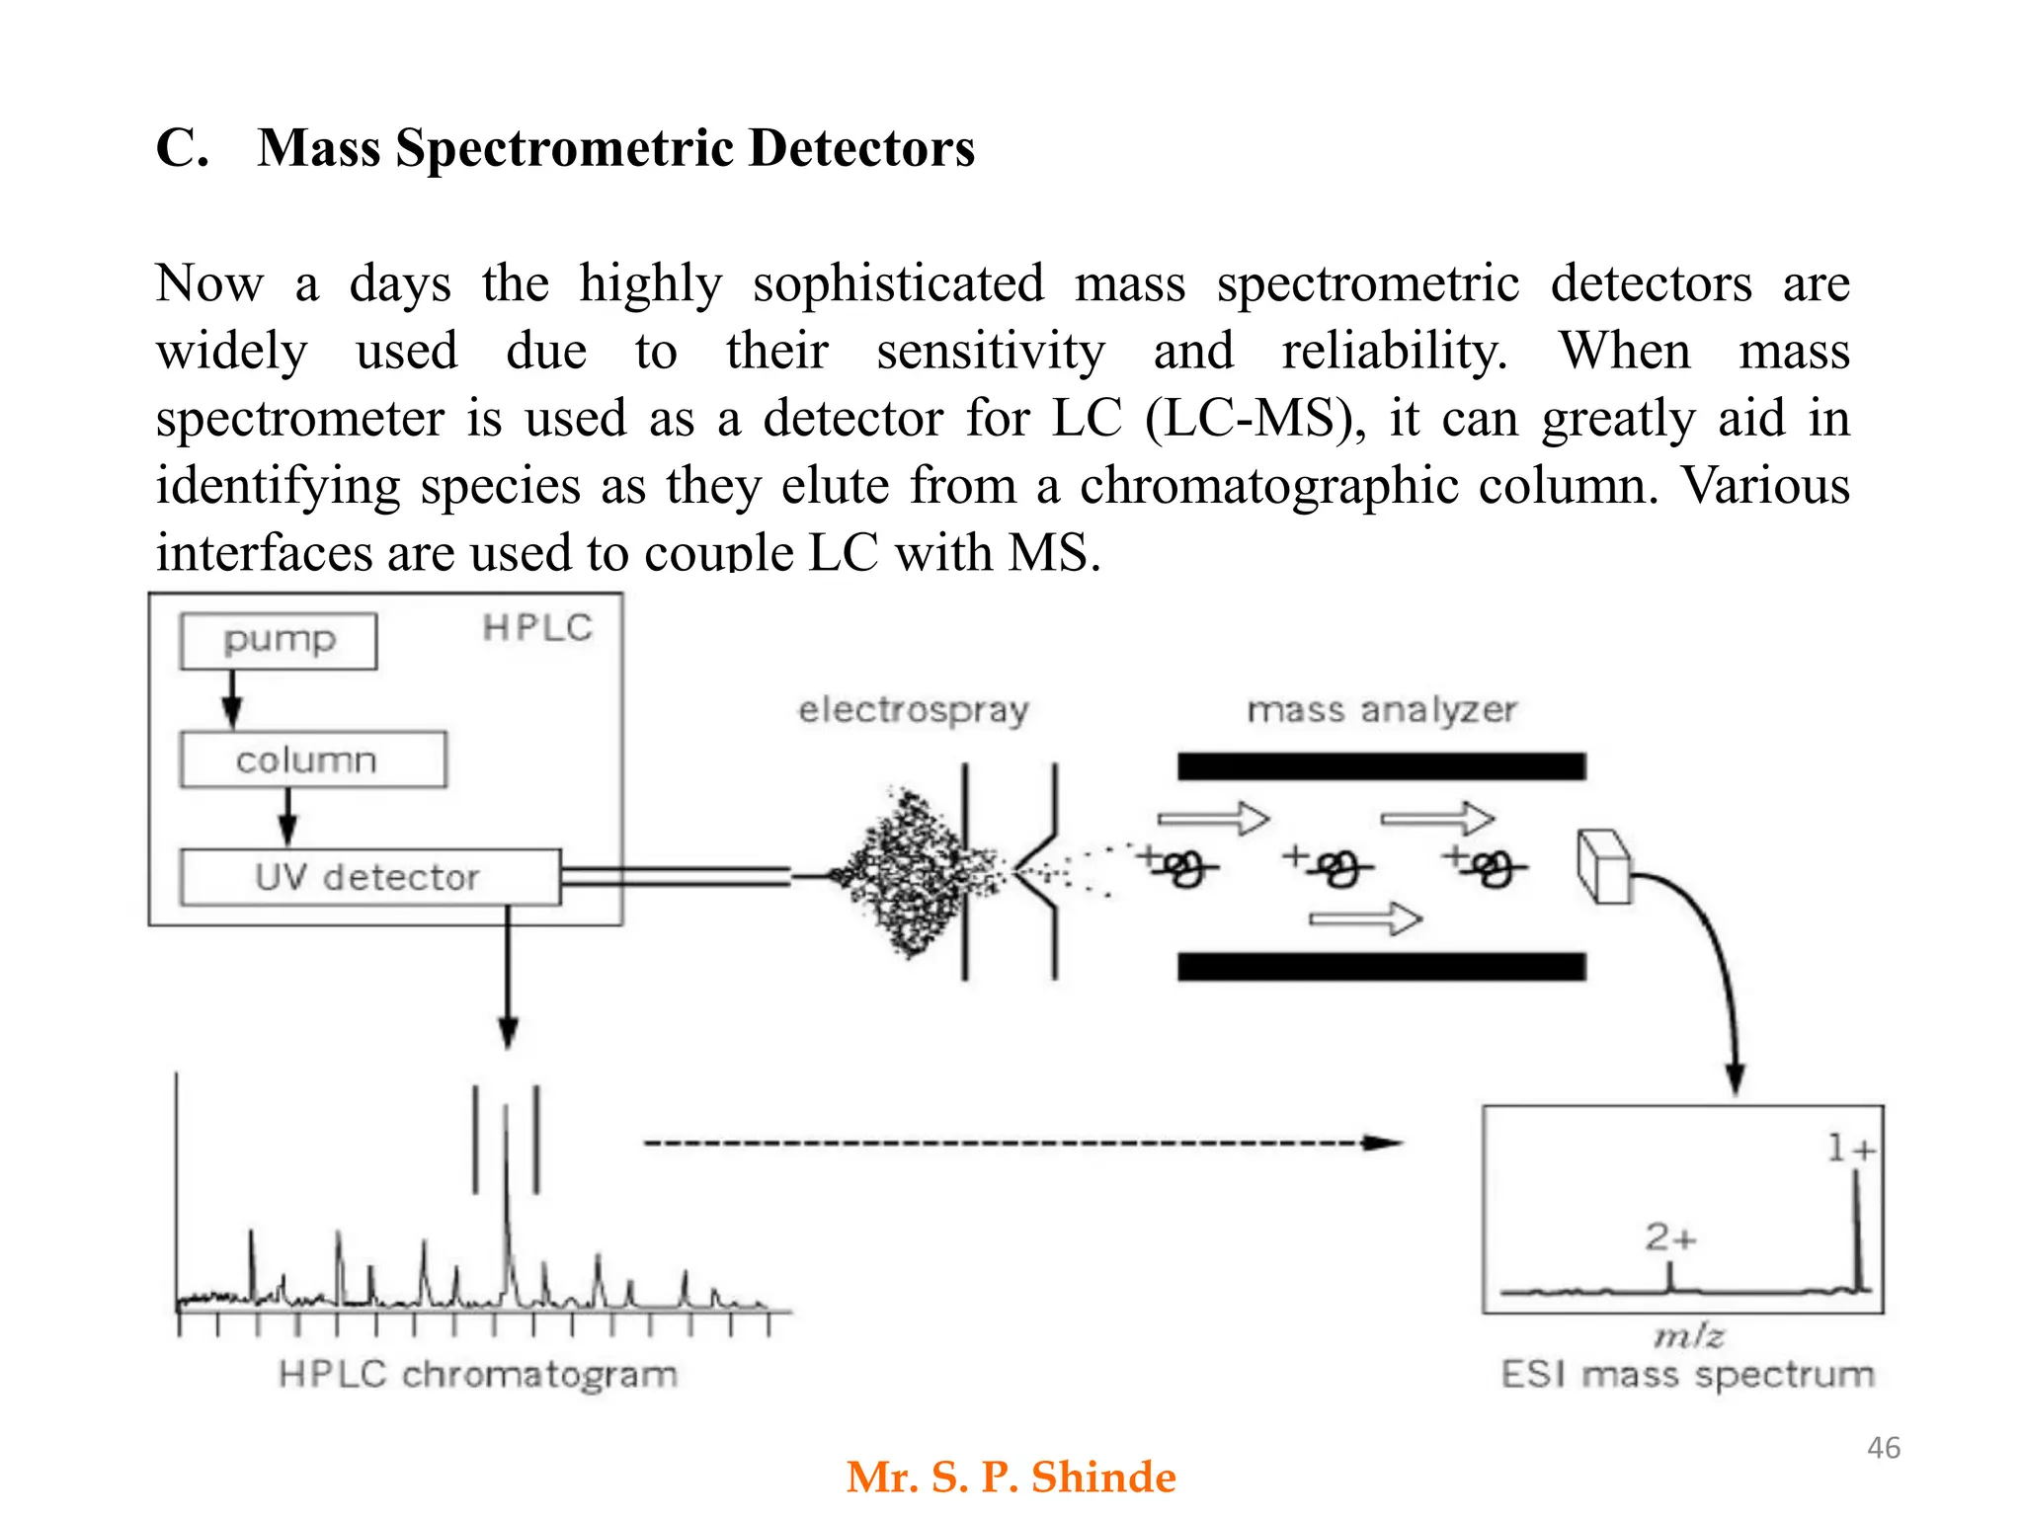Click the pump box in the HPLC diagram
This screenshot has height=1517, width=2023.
(279, 641)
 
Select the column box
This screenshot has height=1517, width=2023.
(312, 759)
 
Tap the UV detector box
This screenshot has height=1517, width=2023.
(369, 877)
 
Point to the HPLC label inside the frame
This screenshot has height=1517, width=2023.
(537, 628)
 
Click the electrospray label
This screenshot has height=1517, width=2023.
(914, 710)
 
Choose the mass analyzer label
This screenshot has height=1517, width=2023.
(1381, 710)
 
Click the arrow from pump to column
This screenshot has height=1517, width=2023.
(232, 699)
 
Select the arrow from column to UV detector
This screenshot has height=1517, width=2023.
(287, 817)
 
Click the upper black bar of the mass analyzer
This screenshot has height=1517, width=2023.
(1381, 766)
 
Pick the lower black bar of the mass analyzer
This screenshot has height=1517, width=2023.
(1381, 966)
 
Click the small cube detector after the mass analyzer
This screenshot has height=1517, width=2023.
(1602, 866)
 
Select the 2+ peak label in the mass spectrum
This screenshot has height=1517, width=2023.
(1670, 1237)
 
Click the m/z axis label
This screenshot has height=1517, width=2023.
(1689, 1336)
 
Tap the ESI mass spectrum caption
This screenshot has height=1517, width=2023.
(1687, 1374)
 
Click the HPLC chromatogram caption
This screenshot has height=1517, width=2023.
(478, 1374)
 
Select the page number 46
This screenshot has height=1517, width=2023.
(1883, 1448)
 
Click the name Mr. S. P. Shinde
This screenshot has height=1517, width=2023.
(1011, 1477)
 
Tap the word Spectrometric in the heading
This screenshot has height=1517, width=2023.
(565, 148)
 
